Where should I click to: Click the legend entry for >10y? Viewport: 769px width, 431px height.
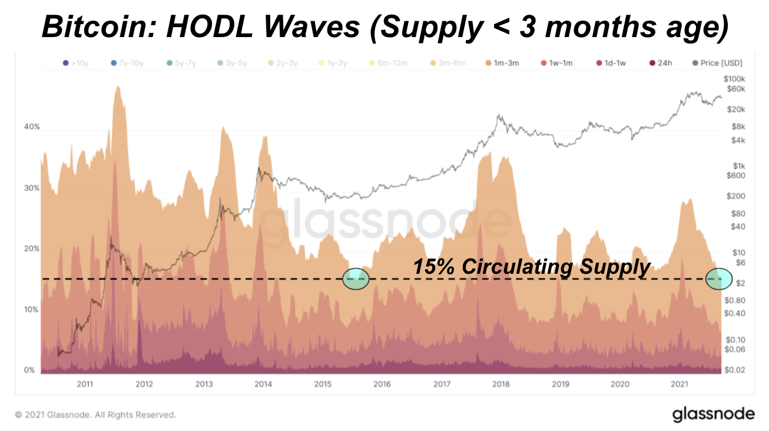point(76,62)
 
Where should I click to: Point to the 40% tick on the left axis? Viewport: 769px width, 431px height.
point(32,127)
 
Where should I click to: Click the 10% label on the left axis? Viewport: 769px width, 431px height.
point(32,309)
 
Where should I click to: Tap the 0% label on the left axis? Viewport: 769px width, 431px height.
point(29,370)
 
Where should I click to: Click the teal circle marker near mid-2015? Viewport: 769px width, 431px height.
point(356,279)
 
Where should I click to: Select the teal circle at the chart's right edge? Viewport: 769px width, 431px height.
point(718,279)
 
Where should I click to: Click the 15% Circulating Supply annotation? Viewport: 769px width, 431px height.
point(531,267)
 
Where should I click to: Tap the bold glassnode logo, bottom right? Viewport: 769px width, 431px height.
point(713,414)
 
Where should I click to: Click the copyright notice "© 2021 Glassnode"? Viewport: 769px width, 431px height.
point(95,415)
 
